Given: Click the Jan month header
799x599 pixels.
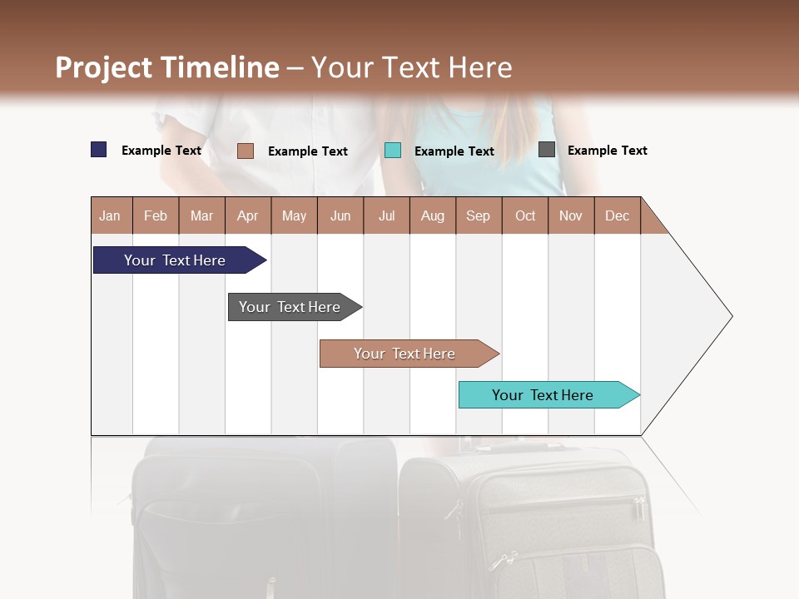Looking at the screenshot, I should [x=111, y=215].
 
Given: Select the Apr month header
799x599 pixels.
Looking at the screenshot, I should [x=248, y=215].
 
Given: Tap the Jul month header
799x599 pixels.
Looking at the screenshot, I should [x=386, y=215].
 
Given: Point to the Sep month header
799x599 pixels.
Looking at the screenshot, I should [x=479, y=215].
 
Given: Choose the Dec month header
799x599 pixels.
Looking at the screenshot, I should [x=617, y=215].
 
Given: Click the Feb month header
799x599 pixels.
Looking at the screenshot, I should [x=156, y=215].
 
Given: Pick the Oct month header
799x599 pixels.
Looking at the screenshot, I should [x=525, y=215].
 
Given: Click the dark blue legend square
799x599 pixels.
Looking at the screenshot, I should [x=99, y=150].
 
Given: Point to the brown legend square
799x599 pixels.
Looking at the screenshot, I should [x=246, y=151].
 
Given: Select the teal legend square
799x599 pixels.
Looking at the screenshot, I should [x=393, y=151].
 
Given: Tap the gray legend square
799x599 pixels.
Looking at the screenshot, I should [x=547, y=150].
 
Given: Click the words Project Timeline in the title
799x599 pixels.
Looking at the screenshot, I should [x=167, y=67].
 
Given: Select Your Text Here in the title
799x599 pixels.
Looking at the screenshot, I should [x=411, y=67].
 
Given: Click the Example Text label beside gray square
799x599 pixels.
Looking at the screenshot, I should [x=607, y=151].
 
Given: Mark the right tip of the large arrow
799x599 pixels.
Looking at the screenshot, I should [x=731, y=316].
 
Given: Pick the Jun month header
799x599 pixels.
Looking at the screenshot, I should [x=340, y=215].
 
